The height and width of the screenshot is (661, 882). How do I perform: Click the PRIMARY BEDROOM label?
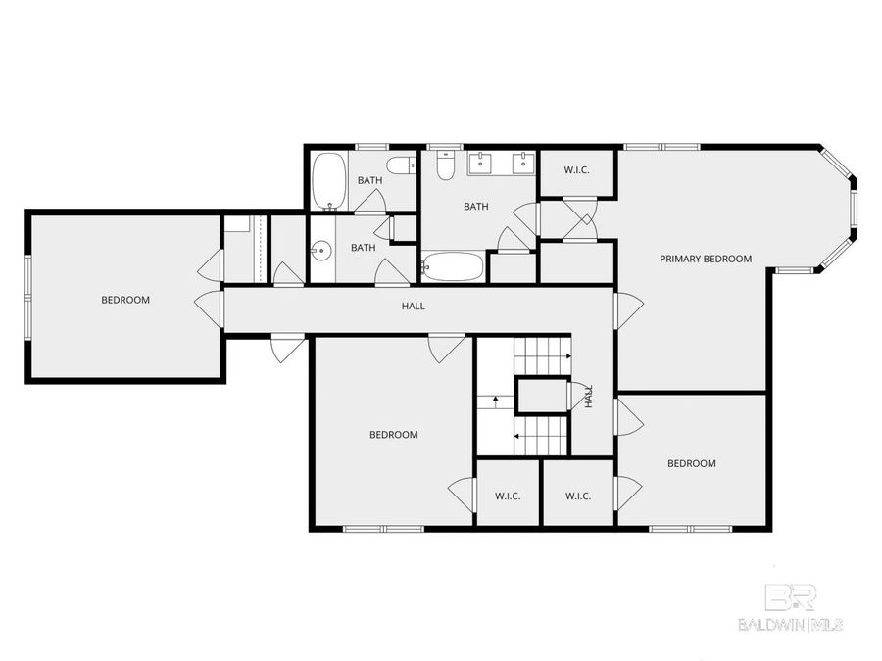(705, 259)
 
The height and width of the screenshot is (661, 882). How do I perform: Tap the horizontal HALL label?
(414, 307)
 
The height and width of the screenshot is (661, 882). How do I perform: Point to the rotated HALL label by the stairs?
(589, 397)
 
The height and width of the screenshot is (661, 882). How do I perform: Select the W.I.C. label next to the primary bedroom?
(576, 171)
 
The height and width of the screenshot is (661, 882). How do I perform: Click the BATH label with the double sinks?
(476, 207)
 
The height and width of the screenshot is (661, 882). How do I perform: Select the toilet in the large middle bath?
(445, 166)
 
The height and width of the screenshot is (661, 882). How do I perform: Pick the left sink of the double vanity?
(483, 161)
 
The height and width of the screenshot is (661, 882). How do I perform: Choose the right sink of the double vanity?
(523, 161)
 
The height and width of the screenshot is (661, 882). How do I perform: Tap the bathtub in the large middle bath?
(453, 265)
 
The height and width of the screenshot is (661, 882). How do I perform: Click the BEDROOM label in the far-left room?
(125, 300)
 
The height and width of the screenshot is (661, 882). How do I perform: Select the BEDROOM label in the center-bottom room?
(393, 435)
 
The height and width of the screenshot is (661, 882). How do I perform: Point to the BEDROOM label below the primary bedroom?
(692, 463)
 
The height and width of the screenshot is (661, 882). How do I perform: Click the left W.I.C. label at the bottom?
(508, 496)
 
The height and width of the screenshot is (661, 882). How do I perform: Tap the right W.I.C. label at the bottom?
(578, 496)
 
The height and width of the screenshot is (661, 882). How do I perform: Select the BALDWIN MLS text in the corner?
(790, 624)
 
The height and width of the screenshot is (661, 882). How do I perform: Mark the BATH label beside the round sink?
(363, 248)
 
